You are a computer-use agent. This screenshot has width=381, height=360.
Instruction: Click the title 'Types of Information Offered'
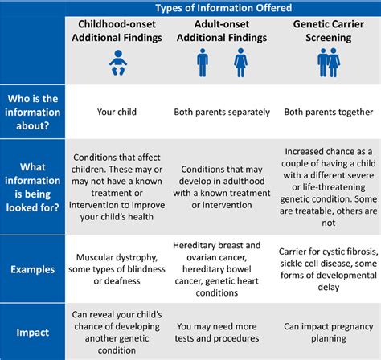tap(223, 8)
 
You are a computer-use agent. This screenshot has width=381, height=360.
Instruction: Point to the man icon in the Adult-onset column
tap(203, 64)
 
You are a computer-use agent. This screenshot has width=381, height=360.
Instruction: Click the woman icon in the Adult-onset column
tap(240, 64)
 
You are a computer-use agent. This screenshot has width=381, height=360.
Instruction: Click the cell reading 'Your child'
tap(117, 112)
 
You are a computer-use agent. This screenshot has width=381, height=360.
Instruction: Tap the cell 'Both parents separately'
tap(219, 112)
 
